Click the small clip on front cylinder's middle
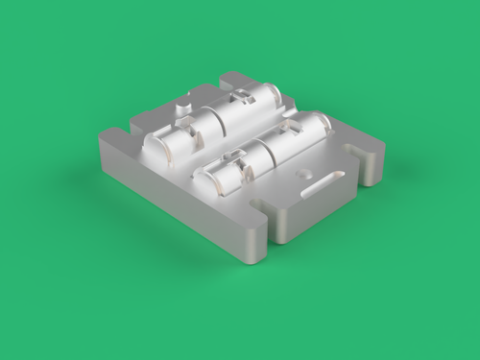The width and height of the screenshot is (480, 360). pos(233,155)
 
